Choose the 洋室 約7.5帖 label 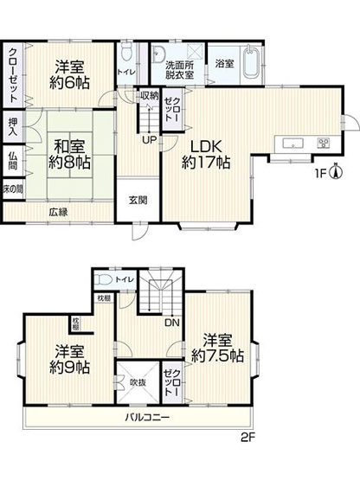coord(223,346)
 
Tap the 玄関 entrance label coord(138,201)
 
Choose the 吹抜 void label coord(137,381)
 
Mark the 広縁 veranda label coord(58,211)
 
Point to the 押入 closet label coord(13,127)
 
